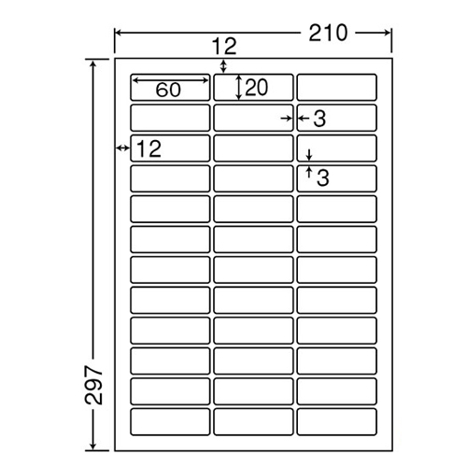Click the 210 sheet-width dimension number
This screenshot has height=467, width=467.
click(x=328, y=33)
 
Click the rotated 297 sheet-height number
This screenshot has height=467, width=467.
click(x=93, y=385)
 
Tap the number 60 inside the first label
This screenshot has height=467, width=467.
click(x=168, y=90)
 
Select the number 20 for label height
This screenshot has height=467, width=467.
click(x=256, y=88)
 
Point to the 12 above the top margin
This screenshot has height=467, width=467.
click(x=224, y=47)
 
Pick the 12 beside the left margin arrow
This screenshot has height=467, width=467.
click(x=149, y=149)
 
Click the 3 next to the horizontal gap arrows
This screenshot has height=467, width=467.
click(x=319, y=119)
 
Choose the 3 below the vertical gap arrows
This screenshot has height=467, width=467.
click(x=323, y=178)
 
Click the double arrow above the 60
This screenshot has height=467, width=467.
click(x=171, y=80)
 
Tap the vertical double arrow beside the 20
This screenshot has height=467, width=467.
click(x=238, y=87)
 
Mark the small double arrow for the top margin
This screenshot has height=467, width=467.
click(x=223, y=66)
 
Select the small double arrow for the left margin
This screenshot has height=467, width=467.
click(x=122, y=148)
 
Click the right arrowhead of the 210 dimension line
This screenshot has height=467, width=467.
click(x=388, y=33)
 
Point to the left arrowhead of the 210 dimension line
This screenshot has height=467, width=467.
click(x=119, y=33)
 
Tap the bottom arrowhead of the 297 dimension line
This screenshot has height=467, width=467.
click(x=92, y=446)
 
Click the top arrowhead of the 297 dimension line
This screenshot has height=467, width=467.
click(x=92, y=64)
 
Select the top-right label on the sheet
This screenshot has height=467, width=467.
click(x=337, y=87)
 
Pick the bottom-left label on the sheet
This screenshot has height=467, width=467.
click(x=170, y=421)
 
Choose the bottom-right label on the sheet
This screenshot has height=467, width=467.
click(x=337, y=421)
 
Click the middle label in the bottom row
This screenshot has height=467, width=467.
click(x=253, y=421)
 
